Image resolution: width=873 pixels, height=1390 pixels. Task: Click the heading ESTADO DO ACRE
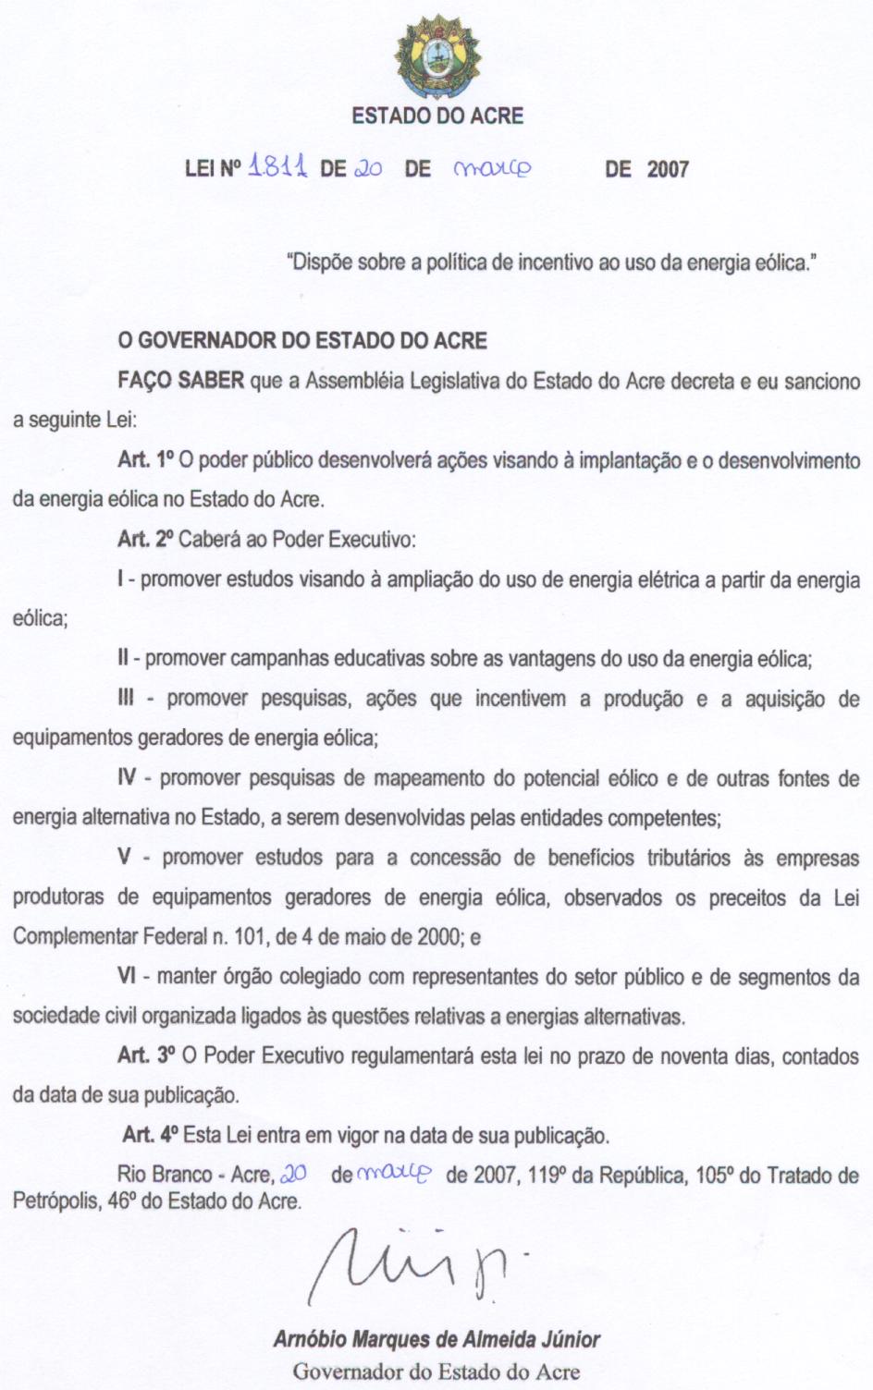437,116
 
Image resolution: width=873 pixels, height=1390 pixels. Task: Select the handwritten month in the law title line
494,168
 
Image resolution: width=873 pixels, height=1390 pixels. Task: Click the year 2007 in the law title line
668,169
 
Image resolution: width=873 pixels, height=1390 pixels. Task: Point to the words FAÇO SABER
181,381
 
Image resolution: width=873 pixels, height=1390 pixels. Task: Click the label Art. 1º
146,460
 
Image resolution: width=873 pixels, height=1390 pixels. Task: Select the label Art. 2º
145,540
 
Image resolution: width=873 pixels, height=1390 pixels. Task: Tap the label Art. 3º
146,1055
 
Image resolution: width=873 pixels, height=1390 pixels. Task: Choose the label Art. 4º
151,1135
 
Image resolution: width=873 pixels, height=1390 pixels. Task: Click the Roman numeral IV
128,778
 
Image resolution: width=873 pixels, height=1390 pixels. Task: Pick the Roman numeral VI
128,976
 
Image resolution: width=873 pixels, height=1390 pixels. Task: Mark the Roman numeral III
126,699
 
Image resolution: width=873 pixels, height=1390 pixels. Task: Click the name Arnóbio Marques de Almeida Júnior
436,1339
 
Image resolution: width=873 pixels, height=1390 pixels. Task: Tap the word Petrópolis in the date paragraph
52,1202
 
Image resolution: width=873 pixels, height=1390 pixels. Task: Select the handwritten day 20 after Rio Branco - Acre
293,1175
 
